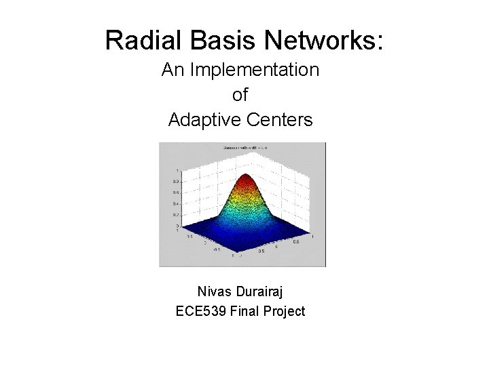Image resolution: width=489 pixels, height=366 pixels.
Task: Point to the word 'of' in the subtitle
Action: click(240, 95)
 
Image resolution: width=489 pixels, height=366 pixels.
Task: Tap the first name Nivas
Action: click(213, 291)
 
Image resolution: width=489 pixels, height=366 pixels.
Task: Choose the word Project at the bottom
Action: click(283, 312)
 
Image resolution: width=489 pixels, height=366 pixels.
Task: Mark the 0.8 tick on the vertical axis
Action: click(175, 182)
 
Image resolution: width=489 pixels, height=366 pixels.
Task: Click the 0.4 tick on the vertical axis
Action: click(175, 203)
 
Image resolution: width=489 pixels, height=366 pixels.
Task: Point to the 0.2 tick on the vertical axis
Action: click(175, 214)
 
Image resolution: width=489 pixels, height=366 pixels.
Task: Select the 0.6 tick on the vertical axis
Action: click(175, 192)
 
